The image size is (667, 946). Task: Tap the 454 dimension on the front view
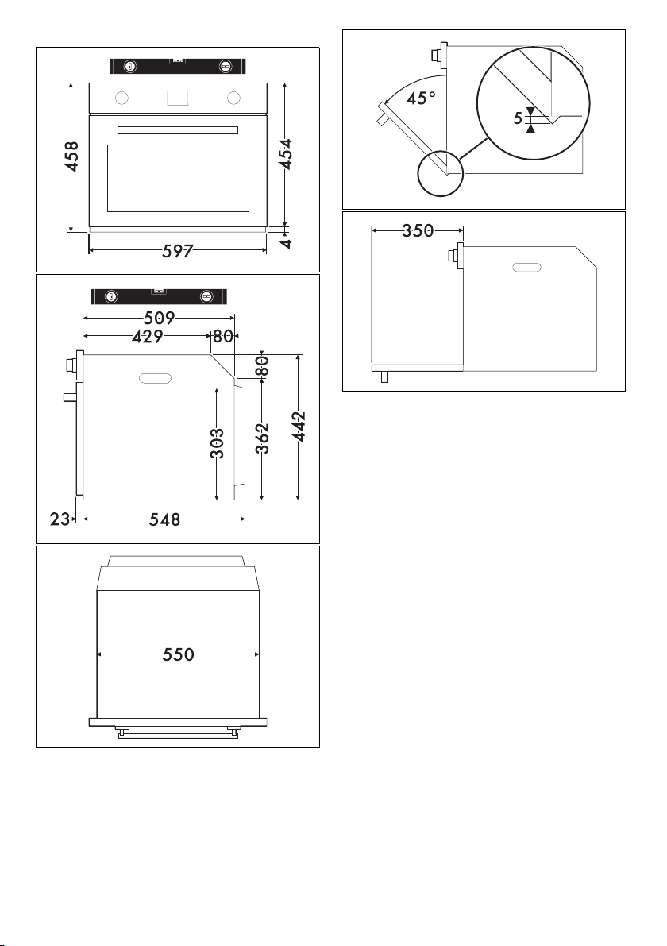point(287,154)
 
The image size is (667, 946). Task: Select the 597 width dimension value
point(177,251)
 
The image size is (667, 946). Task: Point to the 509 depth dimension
point(160,318)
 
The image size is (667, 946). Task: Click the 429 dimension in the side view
point(148,336)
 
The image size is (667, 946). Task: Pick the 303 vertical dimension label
point(218,443)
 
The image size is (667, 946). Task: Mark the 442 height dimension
point(299,427)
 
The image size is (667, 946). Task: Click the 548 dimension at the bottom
point(164,519)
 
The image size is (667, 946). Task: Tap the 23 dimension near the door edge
point(60,519)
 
